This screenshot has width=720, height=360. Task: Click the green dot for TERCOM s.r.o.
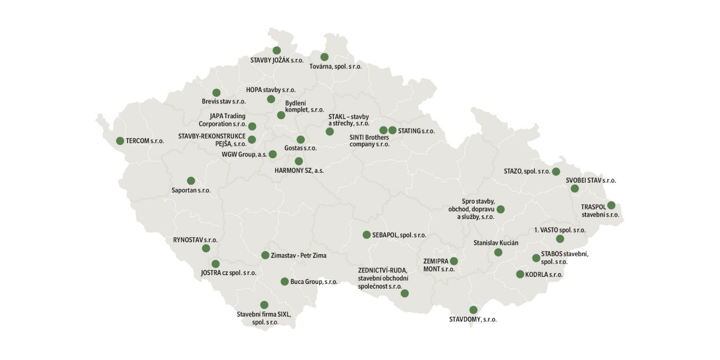pyautogui.click(x=120, y=141)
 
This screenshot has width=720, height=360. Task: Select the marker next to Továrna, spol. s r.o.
pyautogui.click(x=324, y=57)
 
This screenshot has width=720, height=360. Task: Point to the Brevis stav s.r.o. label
pyautogui.click(x=224, y=101)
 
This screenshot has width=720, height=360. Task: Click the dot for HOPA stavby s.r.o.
pyautogui.click(x=271, y=99)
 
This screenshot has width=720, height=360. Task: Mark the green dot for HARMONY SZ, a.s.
pyautogui.click(x=299, y=161)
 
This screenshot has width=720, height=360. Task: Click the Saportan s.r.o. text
pyautogui.click(x=191, y=190)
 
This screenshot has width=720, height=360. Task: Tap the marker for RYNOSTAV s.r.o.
pyautogui.click(x=206, y=248)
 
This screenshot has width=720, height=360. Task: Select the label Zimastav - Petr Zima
pyautogui.click(x=298, y=255)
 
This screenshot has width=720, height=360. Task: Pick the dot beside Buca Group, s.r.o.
pyautogui.click(x=284, y=281)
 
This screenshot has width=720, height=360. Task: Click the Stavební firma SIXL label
pyautogui.click(x=264, y=314)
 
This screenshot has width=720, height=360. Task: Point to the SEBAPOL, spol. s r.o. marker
pyautogui.click(x=366, y=235)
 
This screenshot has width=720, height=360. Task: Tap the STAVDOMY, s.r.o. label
pyautogui.click(x=473, y=319)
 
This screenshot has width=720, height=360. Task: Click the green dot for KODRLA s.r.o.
pyautogui.click(x=520, y=275)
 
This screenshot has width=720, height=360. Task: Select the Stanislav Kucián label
pyautogui.click(x=496, y=242)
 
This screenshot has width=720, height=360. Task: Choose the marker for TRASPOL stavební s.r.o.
pyautogui.click(x=611, y=205)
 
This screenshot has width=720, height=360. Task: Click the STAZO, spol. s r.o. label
pyautogui.click(x=527, y=171)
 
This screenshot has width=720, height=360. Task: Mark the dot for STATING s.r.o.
pyautogui.click(x=392, y=131)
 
